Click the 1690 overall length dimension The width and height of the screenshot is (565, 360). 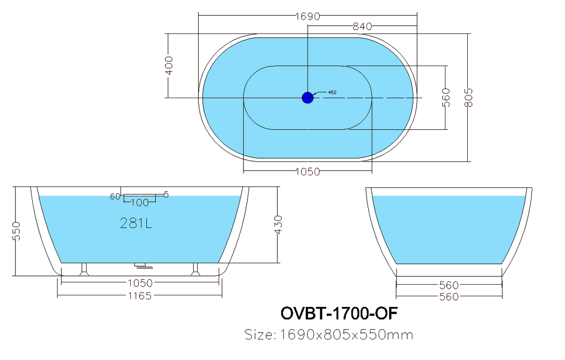(307, 16)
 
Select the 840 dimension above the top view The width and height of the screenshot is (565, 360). (362, 27)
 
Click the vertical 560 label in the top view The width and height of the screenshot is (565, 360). (446, 97)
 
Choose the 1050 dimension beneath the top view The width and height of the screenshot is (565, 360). (308, 172)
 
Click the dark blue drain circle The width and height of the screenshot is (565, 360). (308, 97)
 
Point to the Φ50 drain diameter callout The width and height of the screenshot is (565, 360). (332, 93)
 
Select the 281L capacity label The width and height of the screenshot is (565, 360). (136, 224)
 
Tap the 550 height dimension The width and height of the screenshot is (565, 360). (16, 231)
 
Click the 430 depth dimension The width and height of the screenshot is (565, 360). (279, 225)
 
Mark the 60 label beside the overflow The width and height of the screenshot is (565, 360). (115, 196)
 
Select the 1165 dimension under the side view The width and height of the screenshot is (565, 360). (139, 295)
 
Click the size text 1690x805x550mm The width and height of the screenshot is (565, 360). (329, 334)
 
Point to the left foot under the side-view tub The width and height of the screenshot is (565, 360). (84, 269)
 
